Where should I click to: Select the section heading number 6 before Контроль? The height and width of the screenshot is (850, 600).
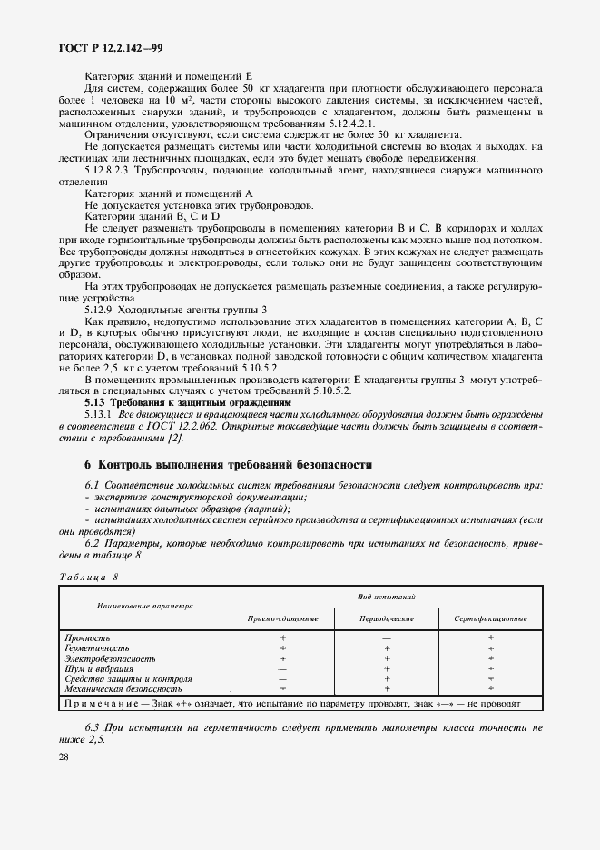pyautogui.click(x=88, y=464)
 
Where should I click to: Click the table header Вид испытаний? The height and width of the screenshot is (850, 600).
pyautogui.click(x=386, y=598)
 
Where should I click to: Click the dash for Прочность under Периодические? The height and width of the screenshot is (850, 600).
pyautogui.click(x=387, y=638)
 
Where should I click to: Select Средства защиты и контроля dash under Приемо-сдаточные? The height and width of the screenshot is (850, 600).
pyautogui.click(x=282, y=679)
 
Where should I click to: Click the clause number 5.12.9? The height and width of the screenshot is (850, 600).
pyautogui.click(x=99, y=309)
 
